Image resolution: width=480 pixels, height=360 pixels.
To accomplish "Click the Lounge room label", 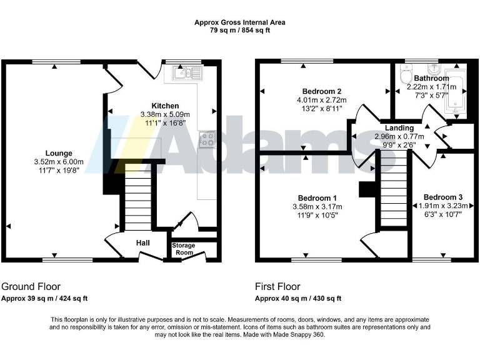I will click(59, 153).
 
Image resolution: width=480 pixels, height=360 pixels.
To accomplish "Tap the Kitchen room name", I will click(165, 106).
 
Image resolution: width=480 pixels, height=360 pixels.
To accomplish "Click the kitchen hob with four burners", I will click(207, 139).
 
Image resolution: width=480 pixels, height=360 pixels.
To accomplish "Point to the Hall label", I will click(143, 242).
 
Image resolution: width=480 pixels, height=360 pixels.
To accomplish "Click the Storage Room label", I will click(184, 249).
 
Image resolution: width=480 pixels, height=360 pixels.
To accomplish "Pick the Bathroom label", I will click(431, 78).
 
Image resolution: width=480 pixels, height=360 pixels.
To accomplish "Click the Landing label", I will click(399, 127).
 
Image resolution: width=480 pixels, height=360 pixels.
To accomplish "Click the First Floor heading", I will click(277, 287).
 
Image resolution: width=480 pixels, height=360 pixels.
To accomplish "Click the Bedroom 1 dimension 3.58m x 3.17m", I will click(318, 206).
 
